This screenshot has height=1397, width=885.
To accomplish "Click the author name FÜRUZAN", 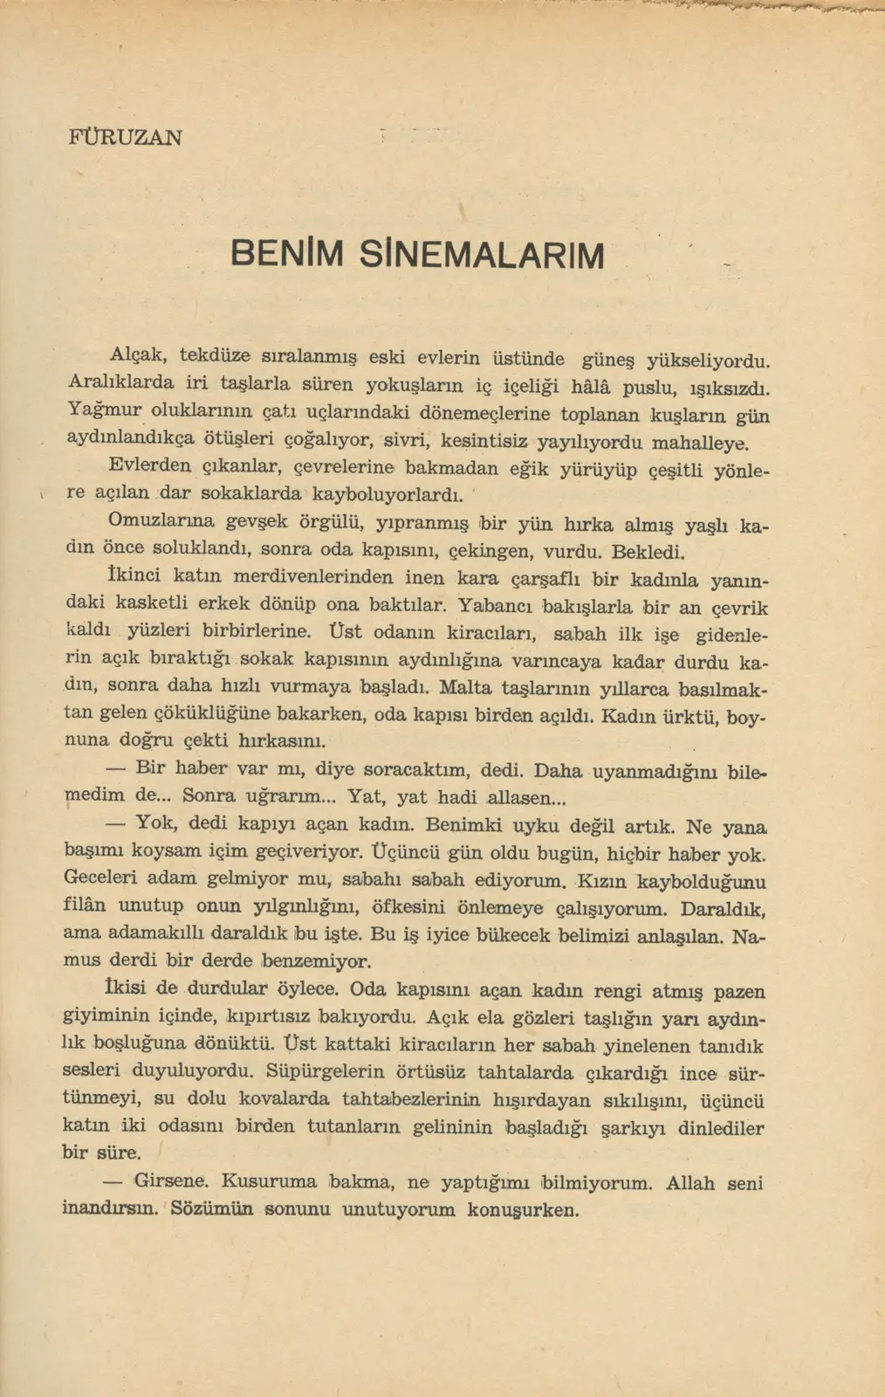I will (125, 138).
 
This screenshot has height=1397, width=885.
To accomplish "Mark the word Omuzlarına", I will (161, 520).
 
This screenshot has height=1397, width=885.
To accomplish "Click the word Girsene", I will (171, 1181).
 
